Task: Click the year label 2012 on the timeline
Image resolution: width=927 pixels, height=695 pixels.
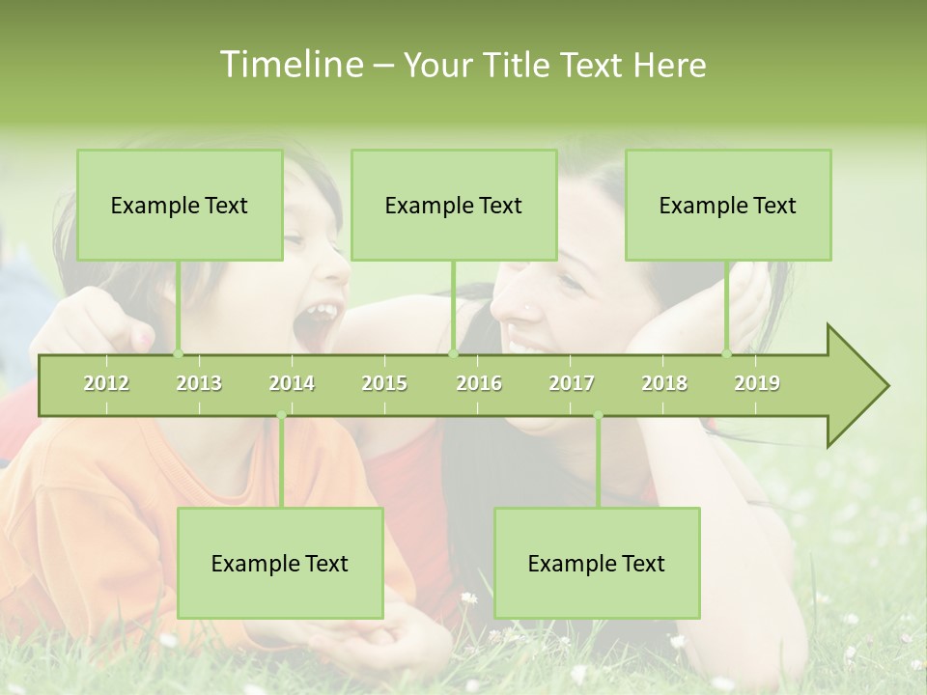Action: [x=106, y=383]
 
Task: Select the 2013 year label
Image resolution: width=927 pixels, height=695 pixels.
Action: [x=199, y=383]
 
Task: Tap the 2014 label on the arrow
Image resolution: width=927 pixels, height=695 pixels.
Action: [x=292, y=383]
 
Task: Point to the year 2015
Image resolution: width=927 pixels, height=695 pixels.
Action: [x=384, y=383]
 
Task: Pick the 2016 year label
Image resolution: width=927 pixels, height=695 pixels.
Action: [x=479, y=383]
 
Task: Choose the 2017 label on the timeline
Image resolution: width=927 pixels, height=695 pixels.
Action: [x=572, y=383]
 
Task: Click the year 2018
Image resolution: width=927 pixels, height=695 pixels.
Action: [x=664, y=383]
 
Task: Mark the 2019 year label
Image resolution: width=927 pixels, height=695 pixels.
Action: [x=757, y=383]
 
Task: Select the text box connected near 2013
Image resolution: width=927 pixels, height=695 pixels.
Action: [x=180, y=205]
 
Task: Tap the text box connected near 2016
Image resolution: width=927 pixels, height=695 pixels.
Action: [x=454, y=205]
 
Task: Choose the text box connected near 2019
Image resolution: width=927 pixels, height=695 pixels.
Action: [x=728, y=205]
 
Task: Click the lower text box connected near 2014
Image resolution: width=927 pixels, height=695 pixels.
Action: [x=280, y=563]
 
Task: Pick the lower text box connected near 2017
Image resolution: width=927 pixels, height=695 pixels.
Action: [x=597, y=563]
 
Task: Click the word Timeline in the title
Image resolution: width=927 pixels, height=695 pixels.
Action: [x=290, y=65]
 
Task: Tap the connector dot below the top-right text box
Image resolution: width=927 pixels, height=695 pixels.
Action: [x=727, y=353]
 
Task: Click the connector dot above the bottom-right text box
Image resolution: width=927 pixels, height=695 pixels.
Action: [x=598, y=416]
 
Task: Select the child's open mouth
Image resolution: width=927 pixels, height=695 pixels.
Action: [x=319, y=323]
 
